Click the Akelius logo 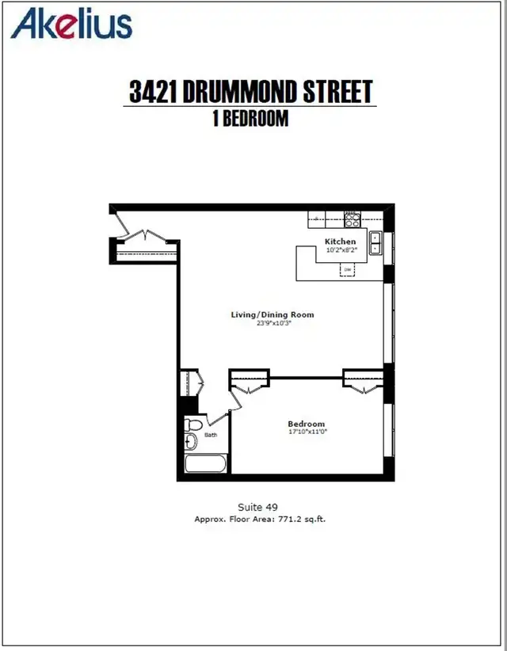tap(71, 24)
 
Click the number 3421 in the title tap(153, 91)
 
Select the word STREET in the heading tap(337, 91)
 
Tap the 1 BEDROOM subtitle tap(250, 118)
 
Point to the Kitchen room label tap(340, 242)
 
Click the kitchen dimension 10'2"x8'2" tap(341, 250)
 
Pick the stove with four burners tap(352, 219)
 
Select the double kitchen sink tap(375, 243)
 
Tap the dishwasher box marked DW tap(348, 270)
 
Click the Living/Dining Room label tap(273, 314)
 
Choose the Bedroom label tap(306, 424)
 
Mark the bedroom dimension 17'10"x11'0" tap(307, 432)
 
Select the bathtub tap(205, 463)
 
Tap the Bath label tap(211, 435)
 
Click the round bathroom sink tap(190, 441)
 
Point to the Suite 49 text tap(258, 507)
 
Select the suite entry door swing tap(123, 226)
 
